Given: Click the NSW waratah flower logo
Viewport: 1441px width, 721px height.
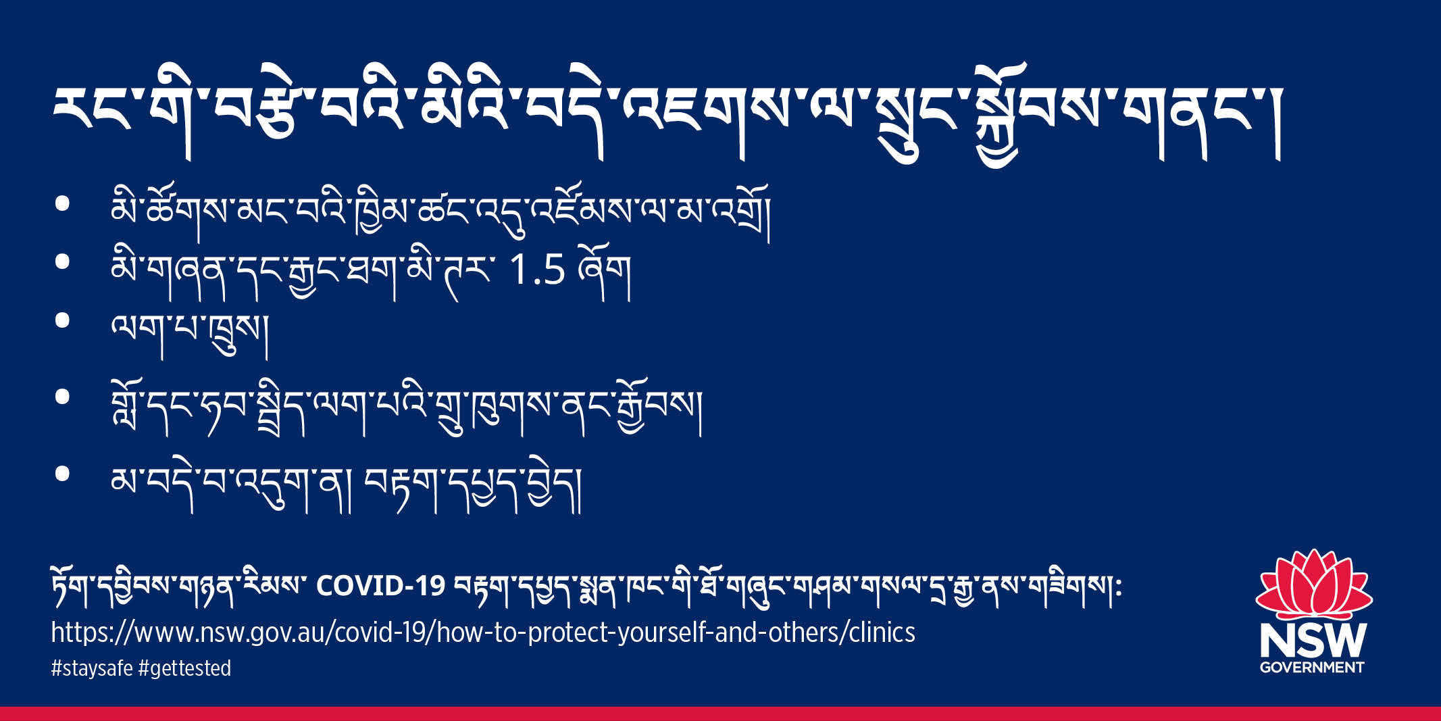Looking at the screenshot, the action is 1313,585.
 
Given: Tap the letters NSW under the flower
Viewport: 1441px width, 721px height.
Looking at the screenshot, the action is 1313,640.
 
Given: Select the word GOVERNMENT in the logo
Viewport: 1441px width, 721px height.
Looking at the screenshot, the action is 1312,668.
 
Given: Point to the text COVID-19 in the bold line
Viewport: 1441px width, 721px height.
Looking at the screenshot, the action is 380,585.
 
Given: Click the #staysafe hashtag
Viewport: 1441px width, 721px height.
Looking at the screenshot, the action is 92,668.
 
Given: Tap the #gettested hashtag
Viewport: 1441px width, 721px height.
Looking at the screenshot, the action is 184,668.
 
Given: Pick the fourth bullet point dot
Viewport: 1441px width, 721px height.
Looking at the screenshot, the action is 63,397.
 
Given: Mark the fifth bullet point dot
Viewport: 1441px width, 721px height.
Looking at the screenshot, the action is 63,474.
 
